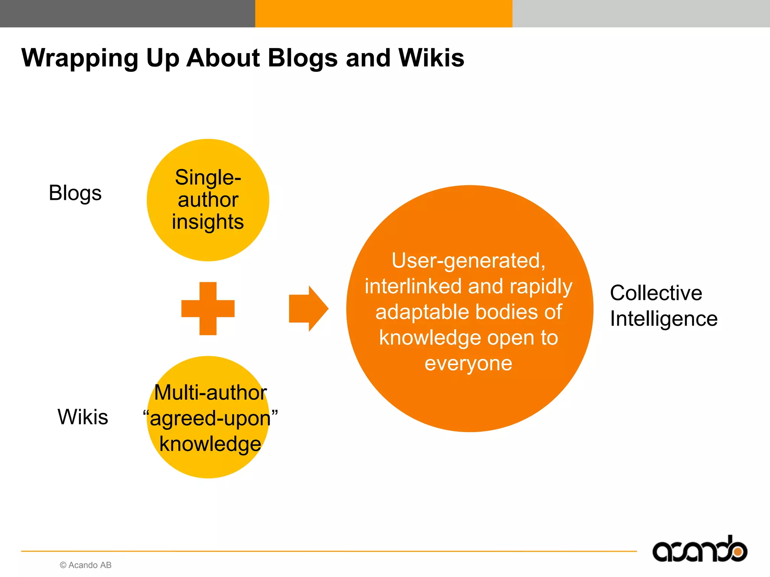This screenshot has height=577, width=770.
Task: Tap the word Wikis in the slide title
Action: pyautogui.click(x=431, y=58)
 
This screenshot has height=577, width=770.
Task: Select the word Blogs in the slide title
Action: pyautogui.click(x=303, y=59)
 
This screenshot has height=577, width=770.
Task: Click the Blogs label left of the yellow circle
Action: pyautogui.click(x=75, y=193)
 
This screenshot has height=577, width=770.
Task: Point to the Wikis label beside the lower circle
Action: pyautogui.click(x=83, y=417)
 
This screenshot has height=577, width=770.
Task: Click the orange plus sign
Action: pyautogui.click(x=208, y=308)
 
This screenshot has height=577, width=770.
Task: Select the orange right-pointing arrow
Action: pyautogui.click(x=308, y=308)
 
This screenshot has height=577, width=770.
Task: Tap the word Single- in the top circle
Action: pyautogui.click(x=208, y=177)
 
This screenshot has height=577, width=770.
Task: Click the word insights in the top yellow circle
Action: pyautogui.click(x=208, y=222)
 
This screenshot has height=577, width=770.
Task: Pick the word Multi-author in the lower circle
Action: pyautogui.click(x=211, y=393)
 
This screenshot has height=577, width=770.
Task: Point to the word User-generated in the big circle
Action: pyautogui.click(x=468, y=260)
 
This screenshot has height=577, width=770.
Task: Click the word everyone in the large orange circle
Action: pyautogui.click(x=468, y=364)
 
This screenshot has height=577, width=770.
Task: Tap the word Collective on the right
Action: pyautogui.click(x=656, y=293)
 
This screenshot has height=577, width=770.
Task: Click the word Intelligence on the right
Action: pyautogui.click(x=664, y=319)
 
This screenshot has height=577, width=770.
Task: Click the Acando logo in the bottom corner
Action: pyautogui.click(x=699, y=550)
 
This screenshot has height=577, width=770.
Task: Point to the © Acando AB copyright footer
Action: pyautogui.click(x=86, y=565)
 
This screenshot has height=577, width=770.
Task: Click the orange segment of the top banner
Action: pyautogui.click(x=383, y=14)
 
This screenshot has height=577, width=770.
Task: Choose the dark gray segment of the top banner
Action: pyautogui.click(x=127, y=14)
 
